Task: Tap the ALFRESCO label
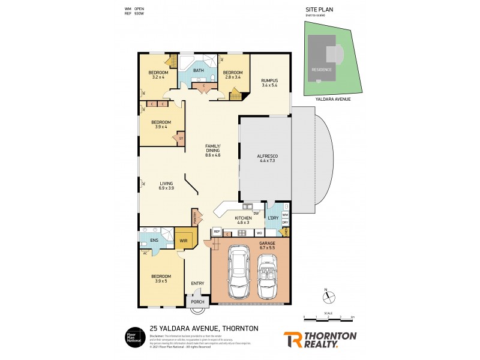[x=265, y=157]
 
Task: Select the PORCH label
[x=197, y=302]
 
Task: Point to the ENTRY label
[x=197, y=283]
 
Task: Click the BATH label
[x=198, y=71]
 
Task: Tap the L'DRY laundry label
[x=273, y=217]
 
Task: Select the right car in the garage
[x=268, y=275]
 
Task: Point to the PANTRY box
[x=195, y=216]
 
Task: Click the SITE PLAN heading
[x=313, y=10]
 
